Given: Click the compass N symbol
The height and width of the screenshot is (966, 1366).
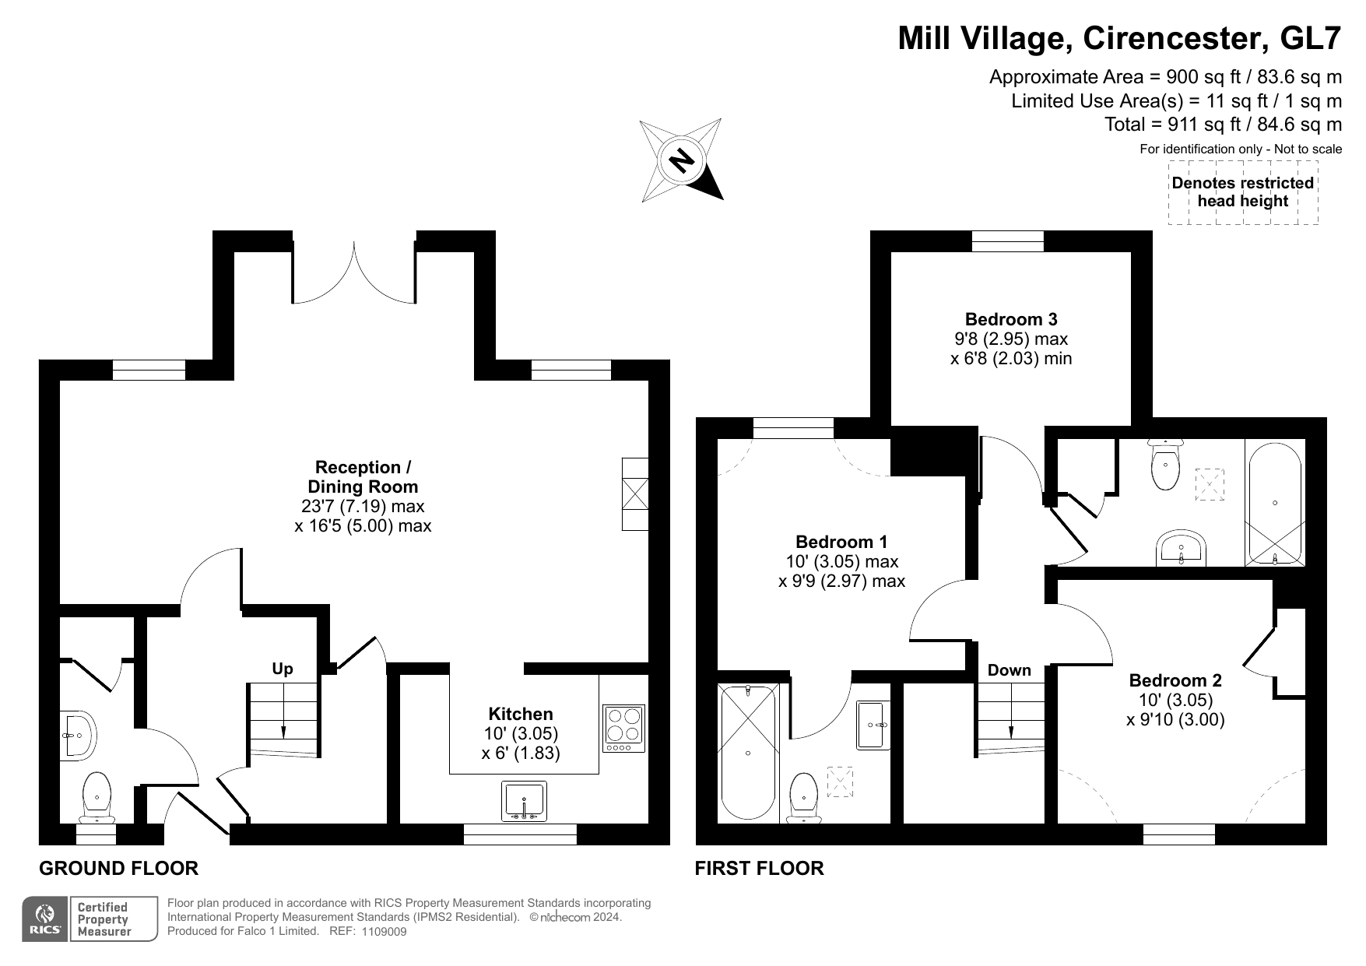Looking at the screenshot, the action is tap(682, 160).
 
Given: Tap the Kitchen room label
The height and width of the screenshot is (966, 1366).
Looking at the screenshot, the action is tap(521, 714).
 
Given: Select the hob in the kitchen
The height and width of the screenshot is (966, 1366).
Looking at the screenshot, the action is tap(624, 729).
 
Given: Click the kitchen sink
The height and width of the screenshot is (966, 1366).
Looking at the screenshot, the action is tap(525, 801).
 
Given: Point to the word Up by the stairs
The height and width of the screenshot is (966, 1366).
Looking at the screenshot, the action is tap(283, 669).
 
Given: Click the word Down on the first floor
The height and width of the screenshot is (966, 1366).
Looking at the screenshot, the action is tap(1010, 670).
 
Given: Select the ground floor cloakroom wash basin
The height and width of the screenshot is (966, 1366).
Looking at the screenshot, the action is tap(78, 734).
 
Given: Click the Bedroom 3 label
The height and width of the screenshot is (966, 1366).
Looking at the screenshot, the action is tap(1011, 319).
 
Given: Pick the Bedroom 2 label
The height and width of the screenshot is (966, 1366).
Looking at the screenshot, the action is tap(1175, 680).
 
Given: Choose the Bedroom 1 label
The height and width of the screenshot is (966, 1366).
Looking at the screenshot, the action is tap(841, 542).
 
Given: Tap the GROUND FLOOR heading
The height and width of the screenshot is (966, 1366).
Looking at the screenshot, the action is tap(118, 868).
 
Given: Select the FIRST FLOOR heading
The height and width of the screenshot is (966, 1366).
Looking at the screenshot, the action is tap(759, 868).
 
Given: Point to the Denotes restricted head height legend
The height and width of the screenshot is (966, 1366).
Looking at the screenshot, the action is tap(1243, 192).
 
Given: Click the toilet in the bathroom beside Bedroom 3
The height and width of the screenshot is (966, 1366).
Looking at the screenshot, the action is tap(1165, 464).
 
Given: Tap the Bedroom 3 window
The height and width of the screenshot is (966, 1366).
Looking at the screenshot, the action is tap(1007, 241).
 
